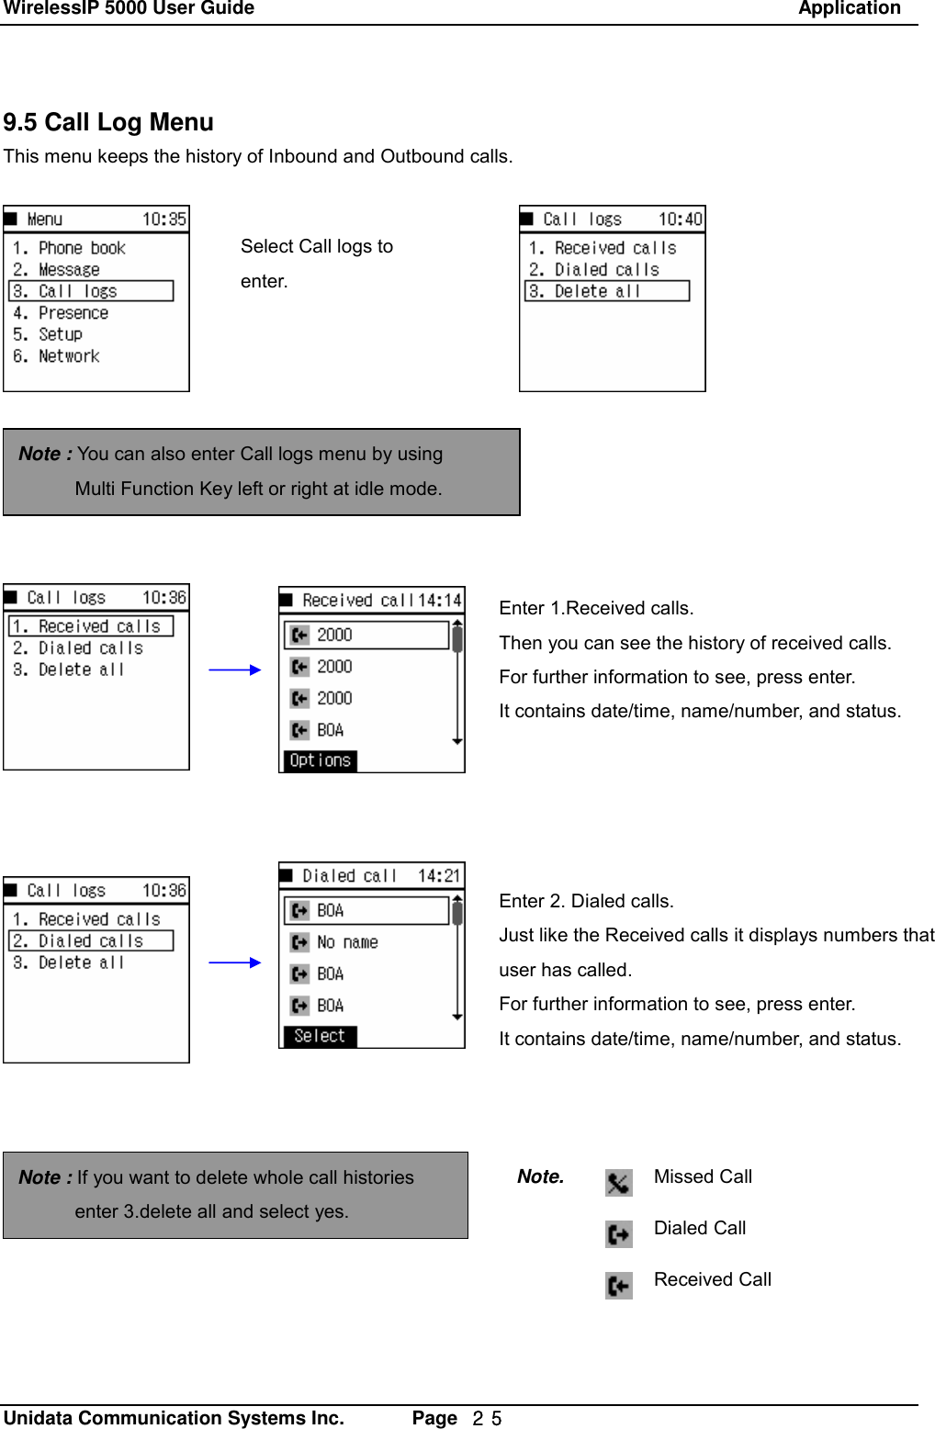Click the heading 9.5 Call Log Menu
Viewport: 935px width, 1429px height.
tap(108, 122)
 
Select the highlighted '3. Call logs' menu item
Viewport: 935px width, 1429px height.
tap(91, 291)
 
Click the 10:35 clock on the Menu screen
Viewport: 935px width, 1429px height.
tap(163, 219)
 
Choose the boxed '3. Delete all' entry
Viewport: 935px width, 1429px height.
tap(606, 291)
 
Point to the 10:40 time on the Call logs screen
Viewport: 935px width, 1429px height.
tap(680, 219)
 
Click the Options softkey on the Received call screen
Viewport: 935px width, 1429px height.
tap(320, 760)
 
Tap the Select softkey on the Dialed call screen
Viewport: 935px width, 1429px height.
tap(320, 1036)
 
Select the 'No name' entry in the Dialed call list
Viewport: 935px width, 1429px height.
tap(346, 942)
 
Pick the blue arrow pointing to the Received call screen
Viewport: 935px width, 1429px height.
tap(235, 670)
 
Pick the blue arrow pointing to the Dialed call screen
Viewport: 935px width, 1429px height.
tap(235, 962)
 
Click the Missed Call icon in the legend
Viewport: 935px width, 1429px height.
tap(618, 1183)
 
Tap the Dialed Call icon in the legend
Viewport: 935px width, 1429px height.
tap(618, 1233)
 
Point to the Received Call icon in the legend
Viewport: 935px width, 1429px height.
tap(618, 1285)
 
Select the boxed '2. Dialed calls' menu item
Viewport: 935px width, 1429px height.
tap(91, 941)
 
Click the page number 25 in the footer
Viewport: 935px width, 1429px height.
tap(487, 1419)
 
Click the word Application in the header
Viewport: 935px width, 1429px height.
tap(849, 9)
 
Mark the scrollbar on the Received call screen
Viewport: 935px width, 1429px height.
tap(456, 684)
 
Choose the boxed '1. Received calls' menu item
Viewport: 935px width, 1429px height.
tap(91, 626)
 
